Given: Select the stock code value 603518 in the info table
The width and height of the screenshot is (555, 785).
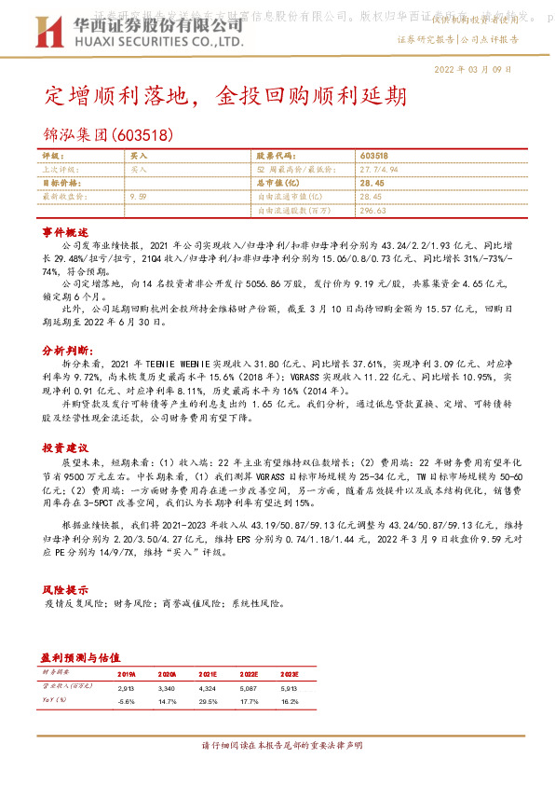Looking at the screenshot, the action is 373,157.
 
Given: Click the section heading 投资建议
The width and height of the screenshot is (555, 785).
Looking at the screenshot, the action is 64,448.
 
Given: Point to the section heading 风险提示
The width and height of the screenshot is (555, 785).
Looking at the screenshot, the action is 64,590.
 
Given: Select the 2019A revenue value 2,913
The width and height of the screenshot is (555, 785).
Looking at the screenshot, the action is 127,686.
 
